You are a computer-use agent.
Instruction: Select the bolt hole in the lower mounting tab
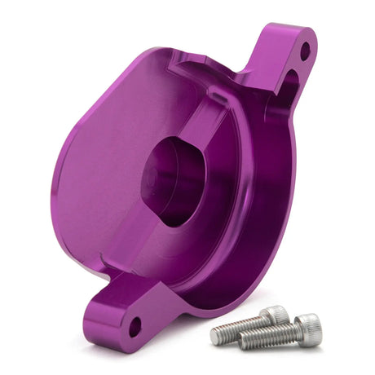click(134, 329)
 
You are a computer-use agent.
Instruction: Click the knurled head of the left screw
click(276, 315)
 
